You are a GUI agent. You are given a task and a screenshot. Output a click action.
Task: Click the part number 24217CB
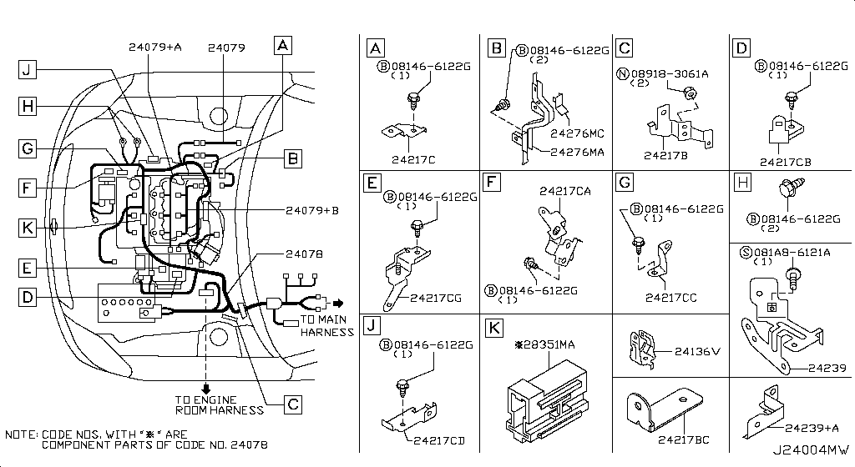click(786, 162)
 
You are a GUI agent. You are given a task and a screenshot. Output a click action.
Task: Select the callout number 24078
click(304, 254)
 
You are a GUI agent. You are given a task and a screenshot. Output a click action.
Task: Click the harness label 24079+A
click(155, 48)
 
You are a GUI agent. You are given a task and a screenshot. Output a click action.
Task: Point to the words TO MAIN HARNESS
click(326, 326)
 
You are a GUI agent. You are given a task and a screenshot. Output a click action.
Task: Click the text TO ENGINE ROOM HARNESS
click(219, 404)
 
